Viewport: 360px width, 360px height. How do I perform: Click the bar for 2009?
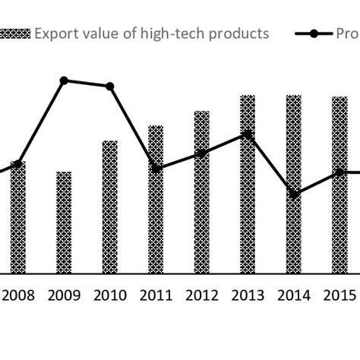click(64, 223)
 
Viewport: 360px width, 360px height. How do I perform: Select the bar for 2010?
click(109, 207)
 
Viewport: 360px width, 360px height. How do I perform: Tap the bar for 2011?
click(156, 199)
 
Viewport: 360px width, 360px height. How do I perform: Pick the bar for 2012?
click(201, 192)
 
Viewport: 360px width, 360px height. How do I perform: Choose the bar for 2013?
click(248, 184)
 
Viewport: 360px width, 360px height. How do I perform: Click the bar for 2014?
click(293, 184)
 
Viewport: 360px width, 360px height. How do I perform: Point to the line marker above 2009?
click(64, 80)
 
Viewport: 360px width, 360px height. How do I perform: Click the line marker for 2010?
click(109, 87)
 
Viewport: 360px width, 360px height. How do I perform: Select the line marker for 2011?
click(156, 169)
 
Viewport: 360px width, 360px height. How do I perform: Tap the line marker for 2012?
click(201, 153)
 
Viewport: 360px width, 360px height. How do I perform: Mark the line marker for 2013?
click(248, 134)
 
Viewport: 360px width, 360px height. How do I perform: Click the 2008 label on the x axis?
click(18, 295)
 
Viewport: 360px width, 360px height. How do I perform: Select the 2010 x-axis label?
click(109, 295)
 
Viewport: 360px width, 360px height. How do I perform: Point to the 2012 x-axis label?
click(201, 295)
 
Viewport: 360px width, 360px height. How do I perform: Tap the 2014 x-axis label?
click(293, 295)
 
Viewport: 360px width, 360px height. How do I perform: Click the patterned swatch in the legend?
click(16, 33)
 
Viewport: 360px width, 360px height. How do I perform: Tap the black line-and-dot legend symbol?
click(319, 33)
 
